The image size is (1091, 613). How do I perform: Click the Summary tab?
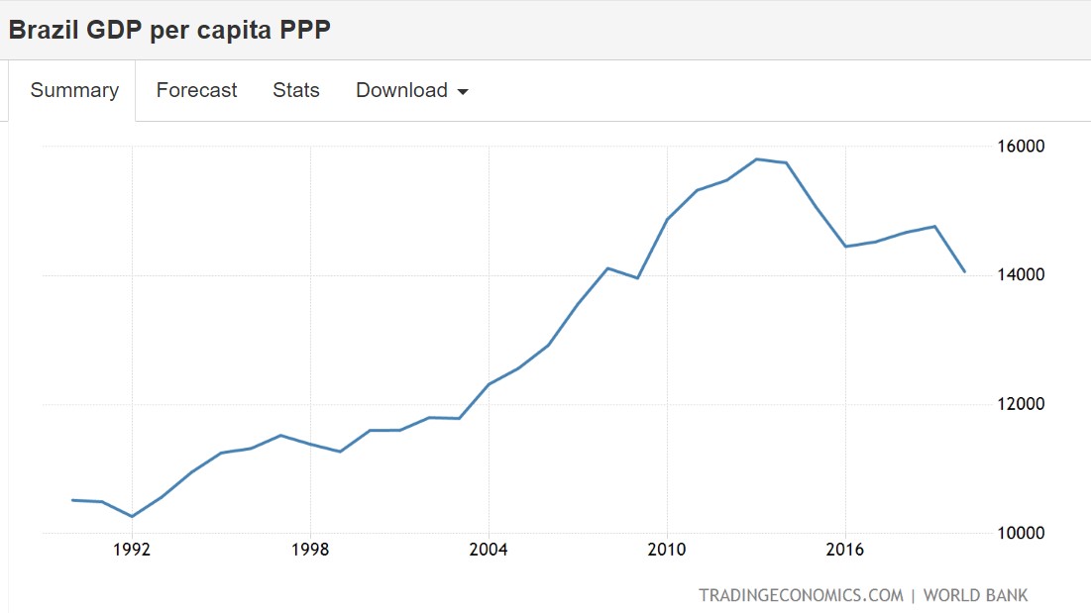pos(74,90)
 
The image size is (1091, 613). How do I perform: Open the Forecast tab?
pos(196,90)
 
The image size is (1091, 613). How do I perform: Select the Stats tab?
pos(296,90)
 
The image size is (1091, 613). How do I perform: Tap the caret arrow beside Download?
pos(463,92)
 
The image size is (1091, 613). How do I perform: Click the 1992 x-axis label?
pos(132,550)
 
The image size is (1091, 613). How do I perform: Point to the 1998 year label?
pos(310,550)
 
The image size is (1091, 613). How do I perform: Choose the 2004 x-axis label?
pos(489,550)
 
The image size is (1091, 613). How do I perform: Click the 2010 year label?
pos(667,550)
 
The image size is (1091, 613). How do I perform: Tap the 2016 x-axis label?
pos(845,550)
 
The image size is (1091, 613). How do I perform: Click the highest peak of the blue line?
pos(757,158)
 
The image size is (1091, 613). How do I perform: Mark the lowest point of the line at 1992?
pos(132,516)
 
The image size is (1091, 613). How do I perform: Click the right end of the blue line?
pos(964,270)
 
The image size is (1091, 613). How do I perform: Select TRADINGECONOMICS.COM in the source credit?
pos(801,595)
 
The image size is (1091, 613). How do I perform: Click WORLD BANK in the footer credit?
pos(975,595)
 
